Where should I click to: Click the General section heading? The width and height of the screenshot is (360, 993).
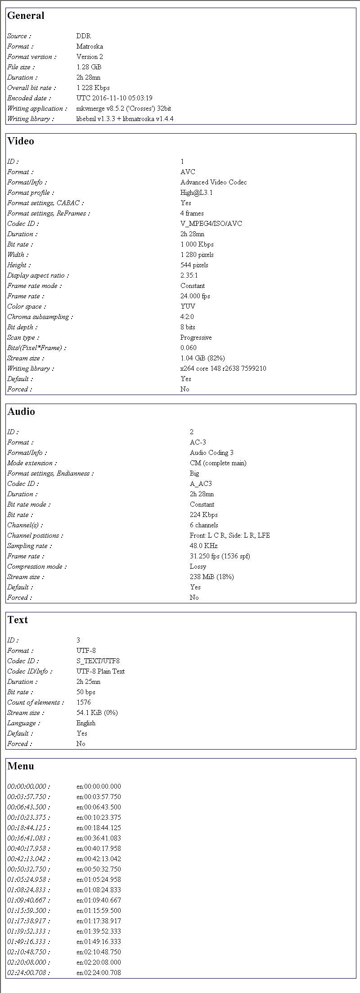[26, 16]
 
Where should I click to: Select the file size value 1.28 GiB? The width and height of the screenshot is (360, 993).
[89, 67]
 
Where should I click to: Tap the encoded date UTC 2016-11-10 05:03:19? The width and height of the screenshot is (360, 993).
[114, 98]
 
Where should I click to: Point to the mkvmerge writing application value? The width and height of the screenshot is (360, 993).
[124, 108]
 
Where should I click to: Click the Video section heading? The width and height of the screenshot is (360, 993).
[21, 141]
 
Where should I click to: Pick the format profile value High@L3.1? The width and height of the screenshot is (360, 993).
[197, 193]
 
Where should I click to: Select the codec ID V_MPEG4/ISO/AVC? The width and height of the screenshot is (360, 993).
[211, 224]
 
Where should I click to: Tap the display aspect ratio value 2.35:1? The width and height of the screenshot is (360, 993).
[189, 275]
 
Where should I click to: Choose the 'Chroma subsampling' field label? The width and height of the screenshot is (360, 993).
[40, 317]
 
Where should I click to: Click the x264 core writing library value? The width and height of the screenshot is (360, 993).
[223, 368]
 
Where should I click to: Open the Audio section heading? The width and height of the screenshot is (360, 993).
[21, 412]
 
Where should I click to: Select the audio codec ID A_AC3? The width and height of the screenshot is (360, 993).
[201, 484]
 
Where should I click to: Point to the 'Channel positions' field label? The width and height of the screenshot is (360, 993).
[35, 535]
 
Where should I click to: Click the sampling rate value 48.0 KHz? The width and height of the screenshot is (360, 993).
[203, 546]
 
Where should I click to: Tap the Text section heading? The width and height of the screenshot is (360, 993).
[18, 620]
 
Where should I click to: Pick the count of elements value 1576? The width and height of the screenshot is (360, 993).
[84, 702]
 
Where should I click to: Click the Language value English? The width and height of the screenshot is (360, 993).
[86, 723]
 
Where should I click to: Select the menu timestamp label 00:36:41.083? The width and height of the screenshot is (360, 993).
[29, 838]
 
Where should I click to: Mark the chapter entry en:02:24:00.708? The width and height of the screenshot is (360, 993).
[99, 973]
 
